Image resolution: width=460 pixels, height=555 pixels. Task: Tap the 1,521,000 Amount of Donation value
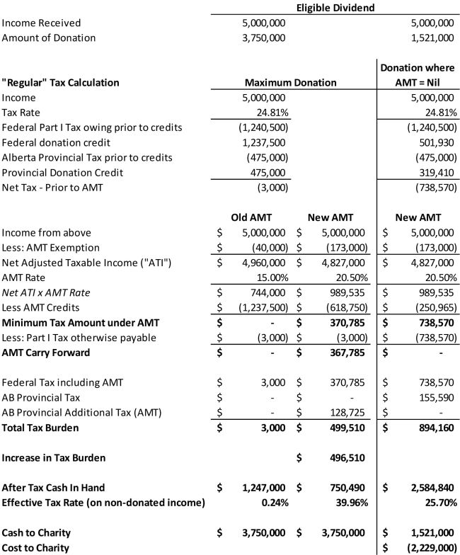click(432, 38)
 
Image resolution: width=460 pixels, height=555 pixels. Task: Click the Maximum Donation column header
click(291, 83)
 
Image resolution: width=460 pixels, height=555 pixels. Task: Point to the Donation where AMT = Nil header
click(418, 75)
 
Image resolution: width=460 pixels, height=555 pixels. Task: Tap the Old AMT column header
click(253, 217)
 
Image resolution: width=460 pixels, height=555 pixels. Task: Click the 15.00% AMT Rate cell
click(270, 277)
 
